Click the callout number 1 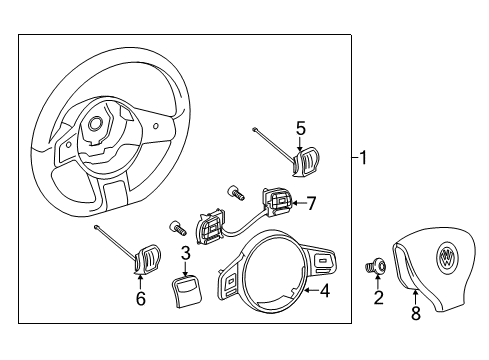(362, 158)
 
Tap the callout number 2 (378, 298)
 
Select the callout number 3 (185, 253)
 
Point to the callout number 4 (325, 291)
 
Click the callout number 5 (301, 129)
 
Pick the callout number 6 (141, 298)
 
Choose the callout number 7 (311, 203)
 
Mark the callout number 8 (416, 314)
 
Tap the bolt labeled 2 (376, 267)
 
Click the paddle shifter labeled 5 (305, 161)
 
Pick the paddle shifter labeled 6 (147, 260)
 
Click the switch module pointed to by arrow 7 (278, 202)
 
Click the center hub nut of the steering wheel (96, 124)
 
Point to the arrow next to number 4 (312, 291)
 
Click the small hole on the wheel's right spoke (156, 126)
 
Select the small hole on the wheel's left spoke (68, 145)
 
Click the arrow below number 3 (186, 268)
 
